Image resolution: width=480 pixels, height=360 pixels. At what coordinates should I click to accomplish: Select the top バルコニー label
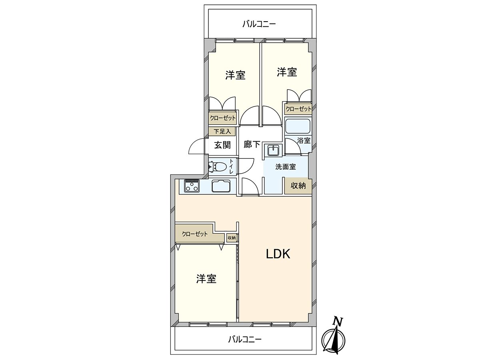[x=259, y=24]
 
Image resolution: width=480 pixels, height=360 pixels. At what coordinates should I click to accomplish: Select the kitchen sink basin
[x=220, y=186]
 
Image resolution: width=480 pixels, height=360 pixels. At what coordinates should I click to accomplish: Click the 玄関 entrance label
[x=222, y=145]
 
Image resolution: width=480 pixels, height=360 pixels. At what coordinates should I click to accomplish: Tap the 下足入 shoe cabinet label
[x=222, y=131]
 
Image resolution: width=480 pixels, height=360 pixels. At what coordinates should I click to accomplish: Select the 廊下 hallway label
[x=252, y=145]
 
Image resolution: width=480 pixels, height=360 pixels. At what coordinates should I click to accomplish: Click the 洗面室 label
[x=285, y=167]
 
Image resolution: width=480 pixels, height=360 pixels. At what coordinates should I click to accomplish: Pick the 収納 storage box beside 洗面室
[x=298, y=186]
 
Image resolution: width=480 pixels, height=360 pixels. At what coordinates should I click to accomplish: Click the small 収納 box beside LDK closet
[x=232, y=238]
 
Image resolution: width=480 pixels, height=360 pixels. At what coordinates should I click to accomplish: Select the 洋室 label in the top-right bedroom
[x=287, y=72]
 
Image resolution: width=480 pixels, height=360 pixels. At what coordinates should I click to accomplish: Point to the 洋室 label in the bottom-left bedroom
[x=206, y=279]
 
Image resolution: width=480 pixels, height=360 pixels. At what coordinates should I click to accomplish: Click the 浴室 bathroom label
[x=304, y=140]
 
